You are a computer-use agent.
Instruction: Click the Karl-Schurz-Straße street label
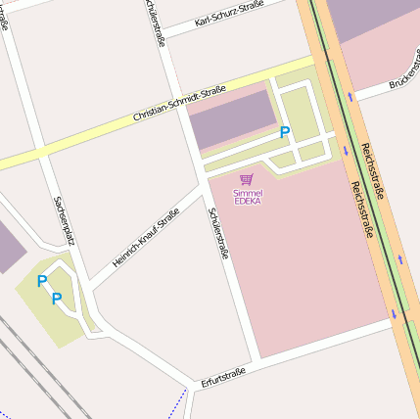[x=228, y=14]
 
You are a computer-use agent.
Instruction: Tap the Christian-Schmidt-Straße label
[x=178, y=104]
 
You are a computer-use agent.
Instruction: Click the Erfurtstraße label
[x=222, y=376]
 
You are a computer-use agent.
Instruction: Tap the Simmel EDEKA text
[x=248, y=197]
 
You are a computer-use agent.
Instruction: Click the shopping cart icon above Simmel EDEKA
[x=247, y=180]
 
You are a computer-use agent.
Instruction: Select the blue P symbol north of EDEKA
[x=285, y=132]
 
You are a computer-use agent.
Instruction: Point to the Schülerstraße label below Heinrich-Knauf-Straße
[x=217, y=233]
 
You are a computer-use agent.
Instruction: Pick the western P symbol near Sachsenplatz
[x=41, y=282]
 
